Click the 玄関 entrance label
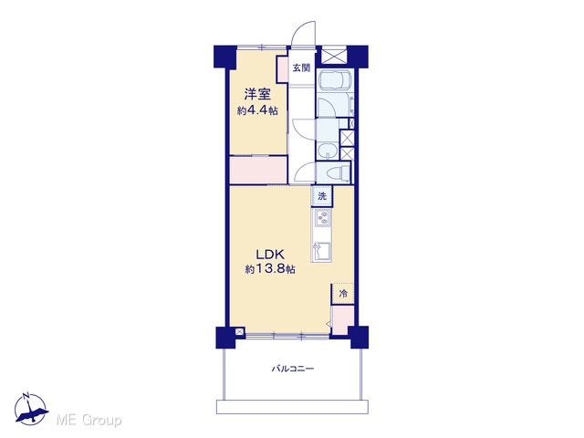coord(301,68)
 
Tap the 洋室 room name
coord(257,95)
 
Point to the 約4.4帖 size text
coord(257,110)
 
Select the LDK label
coord(270,255)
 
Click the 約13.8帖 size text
coord(270,269)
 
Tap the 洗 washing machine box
coord(322,196)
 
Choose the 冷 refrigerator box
coord(343,294)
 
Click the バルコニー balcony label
coord(292,369)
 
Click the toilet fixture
coord(337,172)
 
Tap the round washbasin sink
coord(328,151)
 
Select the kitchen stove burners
coord(322,218)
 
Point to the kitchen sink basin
coord(322,250)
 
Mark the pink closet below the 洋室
coord(258,171)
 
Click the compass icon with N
coord(30,409)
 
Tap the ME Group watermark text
coord(89,421)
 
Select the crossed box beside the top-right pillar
coord(334,57)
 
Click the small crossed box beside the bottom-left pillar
coord(240,330)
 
